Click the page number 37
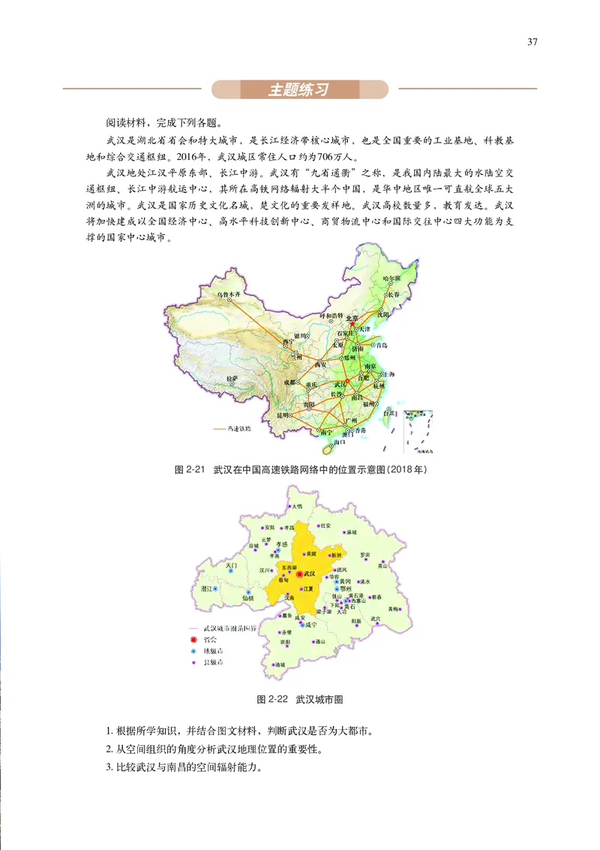532,42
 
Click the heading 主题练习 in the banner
299,90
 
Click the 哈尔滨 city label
391,279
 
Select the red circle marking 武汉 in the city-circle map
300,574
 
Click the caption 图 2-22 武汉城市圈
300,699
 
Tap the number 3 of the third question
109,768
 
